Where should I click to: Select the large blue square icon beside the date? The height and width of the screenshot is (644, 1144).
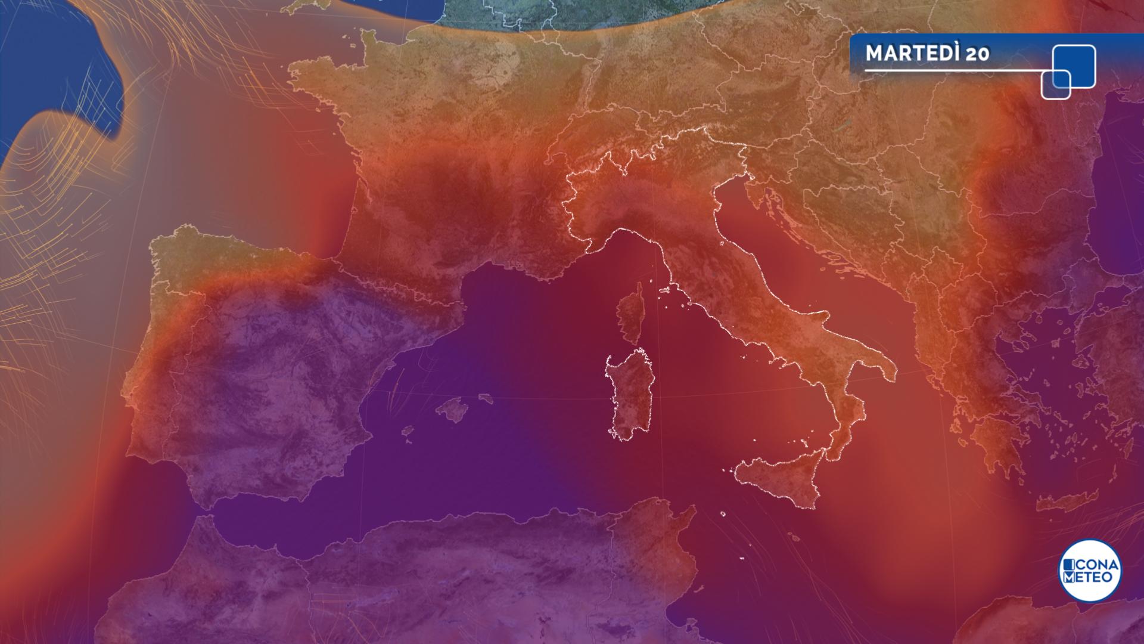pos(1074,66)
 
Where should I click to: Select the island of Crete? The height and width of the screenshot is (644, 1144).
pos(1067,501)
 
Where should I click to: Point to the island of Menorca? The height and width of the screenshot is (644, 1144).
pos(486,398)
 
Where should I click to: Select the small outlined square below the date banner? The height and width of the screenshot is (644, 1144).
pos(1056,85)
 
